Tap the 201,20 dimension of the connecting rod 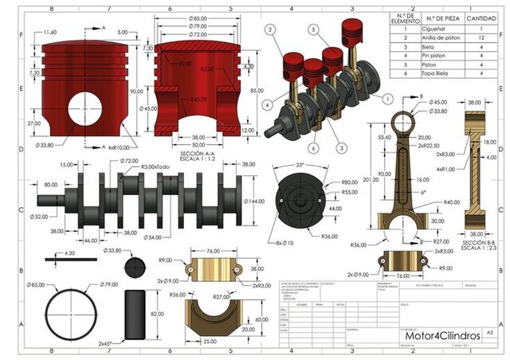click(367, 179)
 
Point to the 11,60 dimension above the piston click(50, 32)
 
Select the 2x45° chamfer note click(107, 343)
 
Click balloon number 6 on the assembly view click(314, 149)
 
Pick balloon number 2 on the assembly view click(270, 29)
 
